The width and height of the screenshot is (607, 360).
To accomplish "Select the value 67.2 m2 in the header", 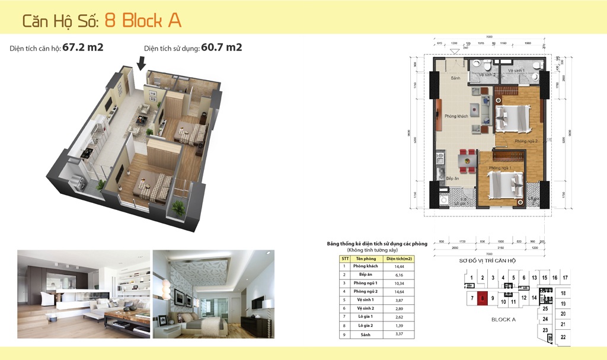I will [x=83, y=47].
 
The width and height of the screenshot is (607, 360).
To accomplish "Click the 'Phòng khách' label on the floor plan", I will [x=456, y=116].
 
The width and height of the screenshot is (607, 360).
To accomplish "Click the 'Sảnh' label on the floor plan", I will [x=455, y=78].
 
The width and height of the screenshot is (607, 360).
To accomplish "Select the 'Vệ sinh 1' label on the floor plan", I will [x=517, y=71].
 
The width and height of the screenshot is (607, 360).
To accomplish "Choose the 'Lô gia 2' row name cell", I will [x=366, y=326].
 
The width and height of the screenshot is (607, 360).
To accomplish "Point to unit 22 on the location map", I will [x=563, y=337].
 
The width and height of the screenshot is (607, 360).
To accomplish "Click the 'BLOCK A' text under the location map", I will [x=504, y=320].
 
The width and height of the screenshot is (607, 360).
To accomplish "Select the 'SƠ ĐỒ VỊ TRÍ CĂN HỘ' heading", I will [x=488, y=261].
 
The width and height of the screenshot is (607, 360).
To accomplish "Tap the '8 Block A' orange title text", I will [x=143, y=20].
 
